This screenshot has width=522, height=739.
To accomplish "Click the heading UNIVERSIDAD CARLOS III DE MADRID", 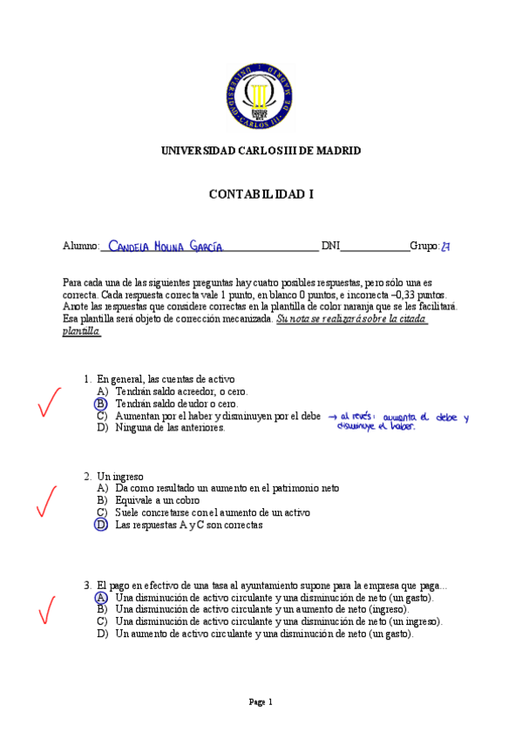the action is [x=261, y=151].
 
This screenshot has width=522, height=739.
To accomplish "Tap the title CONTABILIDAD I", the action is [x=261, y=194].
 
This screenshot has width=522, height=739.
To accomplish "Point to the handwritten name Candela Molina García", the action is [x=166, y=247].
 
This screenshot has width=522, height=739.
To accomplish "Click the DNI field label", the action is [x=330, y=247].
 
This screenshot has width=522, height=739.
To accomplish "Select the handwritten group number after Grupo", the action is [x=445, y=247].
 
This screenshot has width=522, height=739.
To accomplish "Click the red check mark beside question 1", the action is [x=50, y=402].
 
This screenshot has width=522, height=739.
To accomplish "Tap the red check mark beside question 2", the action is [x=46, y=501].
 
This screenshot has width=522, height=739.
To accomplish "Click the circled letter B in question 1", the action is [x=102, y=404].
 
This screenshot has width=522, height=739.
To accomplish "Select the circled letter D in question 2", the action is [x=102, y=525].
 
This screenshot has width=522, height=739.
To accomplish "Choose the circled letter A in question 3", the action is [x=102, y=598].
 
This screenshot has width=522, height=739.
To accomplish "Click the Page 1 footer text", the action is [x=261, y=702].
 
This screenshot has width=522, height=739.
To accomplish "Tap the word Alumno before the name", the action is [x=81, y=247].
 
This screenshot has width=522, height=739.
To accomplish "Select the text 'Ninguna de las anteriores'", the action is [x=170, y=428].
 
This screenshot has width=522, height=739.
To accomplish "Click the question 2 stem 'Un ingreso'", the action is [x=119, y=477].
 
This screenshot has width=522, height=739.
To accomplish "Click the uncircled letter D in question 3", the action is [x=102, y=634].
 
